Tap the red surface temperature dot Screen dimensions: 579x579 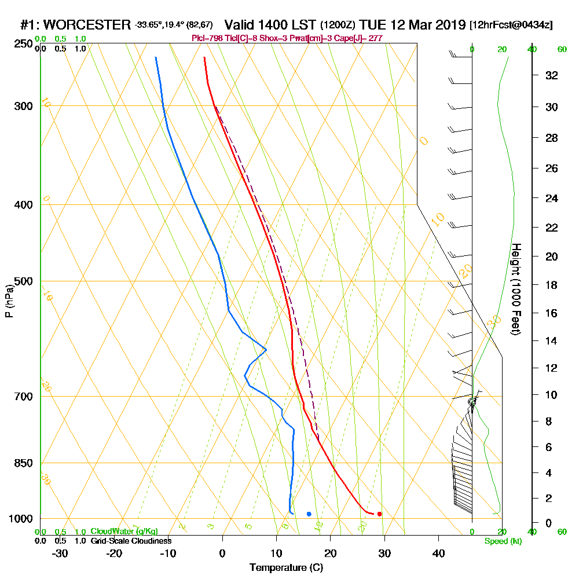[x=379, y=514]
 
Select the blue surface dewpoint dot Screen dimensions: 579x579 [x=309, y=514]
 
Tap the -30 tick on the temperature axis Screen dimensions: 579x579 [x=60, y=553]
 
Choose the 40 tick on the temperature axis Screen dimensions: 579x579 [x=439, y=553]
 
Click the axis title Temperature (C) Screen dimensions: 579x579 [x=286, y=567]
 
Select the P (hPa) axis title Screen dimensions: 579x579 [x=9, y=301]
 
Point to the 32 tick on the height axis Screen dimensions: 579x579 [x=551, y=75]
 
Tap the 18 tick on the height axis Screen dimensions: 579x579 [x=551, y=285]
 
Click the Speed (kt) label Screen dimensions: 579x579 [x=502, y=541]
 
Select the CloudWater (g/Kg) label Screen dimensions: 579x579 [x=124, y=532]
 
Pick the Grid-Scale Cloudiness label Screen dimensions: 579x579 [x=130, y=541]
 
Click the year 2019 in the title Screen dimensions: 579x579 [x=448, y=25]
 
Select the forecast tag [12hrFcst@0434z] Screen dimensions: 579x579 [x=511, y=25]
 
